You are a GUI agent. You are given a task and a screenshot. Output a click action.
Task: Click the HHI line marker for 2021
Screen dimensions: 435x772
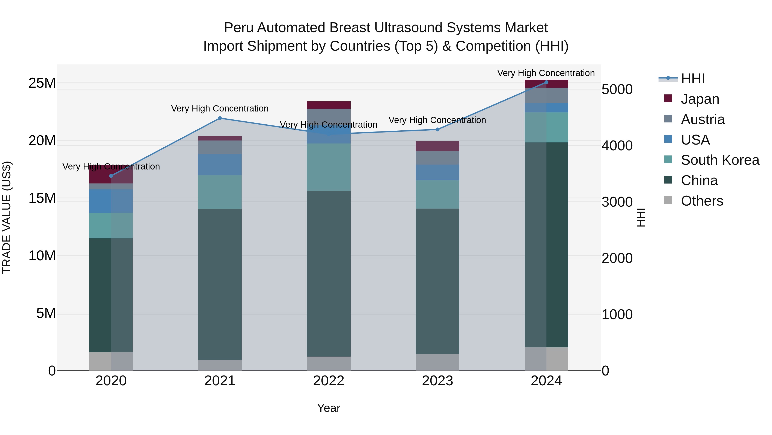(x=220, y=118)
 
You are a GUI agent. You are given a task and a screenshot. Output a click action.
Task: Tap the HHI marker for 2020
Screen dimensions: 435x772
(x=111, y=176)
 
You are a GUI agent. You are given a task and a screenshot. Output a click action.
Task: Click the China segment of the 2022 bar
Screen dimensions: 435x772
(x=329, y=273)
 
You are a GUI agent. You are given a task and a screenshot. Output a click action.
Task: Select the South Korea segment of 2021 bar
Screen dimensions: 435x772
(x=220, y=192)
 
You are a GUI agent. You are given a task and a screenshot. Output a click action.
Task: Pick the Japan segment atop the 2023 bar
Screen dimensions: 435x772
(x=437, y=146)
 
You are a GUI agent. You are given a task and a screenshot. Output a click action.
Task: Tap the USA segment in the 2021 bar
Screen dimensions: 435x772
(x=220, y=165)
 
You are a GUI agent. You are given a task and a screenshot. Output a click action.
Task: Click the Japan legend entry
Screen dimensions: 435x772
(x=700, y=99)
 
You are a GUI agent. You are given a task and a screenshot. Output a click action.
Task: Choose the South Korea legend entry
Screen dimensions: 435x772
(x=720, y=160)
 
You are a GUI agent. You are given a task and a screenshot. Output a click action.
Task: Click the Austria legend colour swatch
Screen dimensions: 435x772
(x=668, y=119)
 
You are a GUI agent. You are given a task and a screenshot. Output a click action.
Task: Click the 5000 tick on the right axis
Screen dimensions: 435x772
(x=617, y=89)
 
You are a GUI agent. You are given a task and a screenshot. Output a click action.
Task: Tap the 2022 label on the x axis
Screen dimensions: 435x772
(x=329, y=381)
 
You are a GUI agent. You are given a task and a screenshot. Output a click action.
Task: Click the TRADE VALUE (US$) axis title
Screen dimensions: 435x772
(x=7, y=217)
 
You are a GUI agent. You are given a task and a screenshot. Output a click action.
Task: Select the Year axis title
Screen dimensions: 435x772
(x=329, y=408)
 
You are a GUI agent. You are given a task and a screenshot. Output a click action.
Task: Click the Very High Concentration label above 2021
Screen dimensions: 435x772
(x=220, y=108)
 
